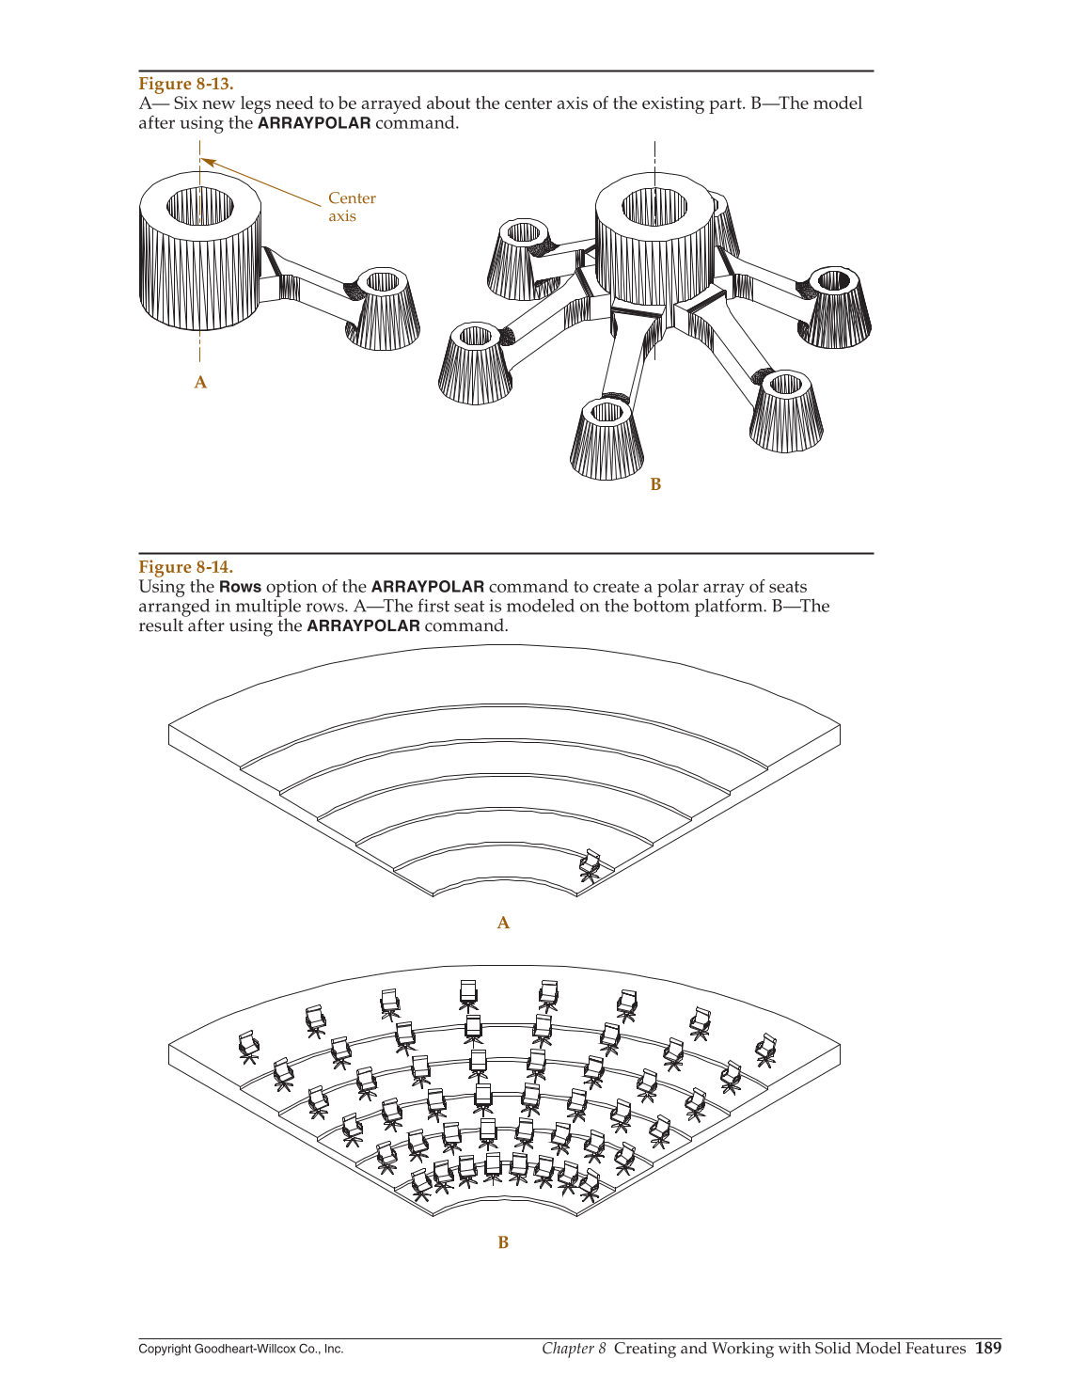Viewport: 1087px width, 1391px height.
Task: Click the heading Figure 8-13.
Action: click(185, 84)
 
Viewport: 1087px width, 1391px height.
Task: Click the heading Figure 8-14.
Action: click(185, 566)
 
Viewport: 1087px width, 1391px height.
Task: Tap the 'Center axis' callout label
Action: click(351, 207)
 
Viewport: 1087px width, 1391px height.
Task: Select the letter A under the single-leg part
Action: click(200, 382)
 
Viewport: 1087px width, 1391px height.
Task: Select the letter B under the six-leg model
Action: click(655, 483)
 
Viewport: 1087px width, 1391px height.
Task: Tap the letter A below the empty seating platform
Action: click(503, 923)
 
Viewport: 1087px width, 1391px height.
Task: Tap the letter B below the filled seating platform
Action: click(503, 1242)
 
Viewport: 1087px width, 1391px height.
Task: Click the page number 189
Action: click(987, 1348)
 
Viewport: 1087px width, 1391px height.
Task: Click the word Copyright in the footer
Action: click(165, 1349)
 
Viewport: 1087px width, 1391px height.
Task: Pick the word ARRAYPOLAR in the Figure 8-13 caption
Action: click(314, 123)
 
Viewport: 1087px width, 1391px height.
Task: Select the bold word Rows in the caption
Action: click(240, 587)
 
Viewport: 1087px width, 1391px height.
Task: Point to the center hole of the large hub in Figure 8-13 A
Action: click(200, 205)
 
